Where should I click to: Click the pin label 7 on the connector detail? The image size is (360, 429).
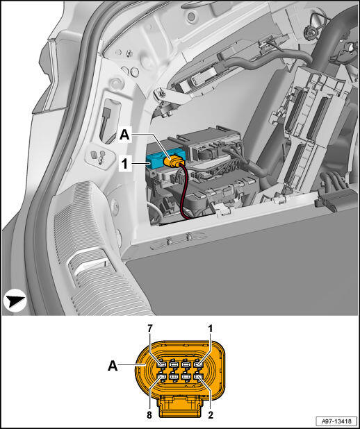[x=150, y=328]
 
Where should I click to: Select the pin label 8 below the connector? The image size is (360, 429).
[x=149, y=415]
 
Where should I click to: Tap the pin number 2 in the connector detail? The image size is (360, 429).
[x=211, y=415]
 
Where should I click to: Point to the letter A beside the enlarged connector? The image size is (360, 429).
[x=113, y=365]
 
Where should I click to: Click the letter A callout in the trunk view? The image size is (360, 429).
[x=124, y=135]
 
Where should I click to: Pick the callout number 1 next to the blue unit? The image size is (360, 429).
[x=124, y=165]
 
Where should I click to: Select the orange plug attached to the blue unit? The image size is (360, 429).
[x=174, y=162]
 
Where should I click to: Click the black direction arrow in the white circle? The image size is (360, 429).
[x=15, y=301]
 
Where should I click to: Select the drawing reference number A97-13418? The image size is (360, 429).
[x=336, y=421]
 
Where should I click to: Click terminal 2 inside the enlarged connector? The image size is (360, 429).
[x=197, y=378]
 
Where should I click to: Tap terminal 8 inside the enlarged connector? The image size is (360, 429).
[x=162, y=378]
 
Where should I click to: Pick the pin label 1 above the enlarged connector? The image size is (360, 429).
[x=211, y=328]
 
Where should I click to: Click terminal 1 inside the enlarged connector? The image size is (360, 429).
[x=197, y=364]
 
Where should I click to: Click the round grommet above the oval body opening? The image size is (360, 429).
[x=117, y=83]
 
